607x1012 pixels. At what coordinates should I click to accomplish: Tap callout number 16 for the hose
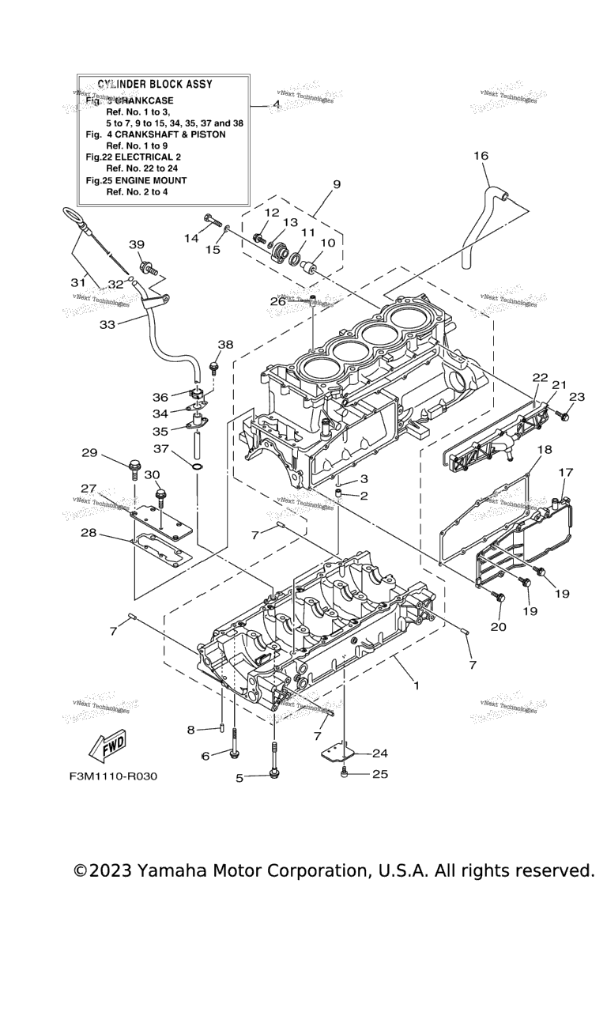[x=481, y=156]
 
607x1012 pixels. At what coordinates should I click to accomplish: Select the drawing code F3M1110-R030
[x=113, y=776]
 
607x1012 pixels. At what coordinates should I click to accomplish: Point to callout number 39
[x=137, y=244]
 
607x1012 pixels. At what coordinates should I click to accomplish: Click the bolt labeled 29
[x=135, y=470]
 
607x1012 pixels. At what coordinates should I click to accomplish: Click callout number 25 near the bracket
[x=380, y=774]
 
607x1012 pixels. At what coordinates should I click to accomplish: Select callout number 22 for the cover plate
[x=540, y=378]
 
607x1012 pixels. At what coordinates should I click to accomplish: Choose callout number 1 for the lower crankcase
[x=416, y=685]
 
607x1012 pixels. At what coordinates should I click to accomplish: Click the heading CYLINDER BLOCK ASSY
[x=155, y=84]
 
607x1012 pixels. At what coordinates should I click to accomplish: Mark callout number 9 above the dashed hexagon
[x=337, y=184]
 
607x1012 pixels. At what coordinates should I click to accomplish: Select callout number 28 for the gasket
[x=89, y=533]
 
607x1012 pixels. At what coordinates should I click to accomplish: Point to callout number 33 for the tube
[x=107, y=324]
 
